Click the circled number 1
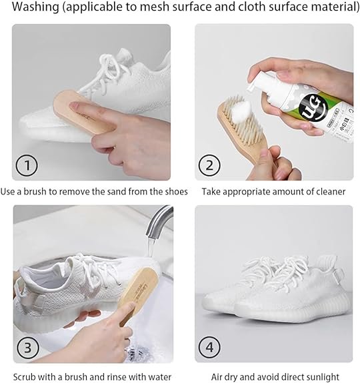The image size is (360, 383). click(27, 165)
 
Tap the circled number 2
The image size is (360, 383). click(209, 165)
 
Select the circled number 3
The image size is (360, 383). click(27, 347)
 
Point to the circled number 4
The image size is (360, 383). click(209, 347)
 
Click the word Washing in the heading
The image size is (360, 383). click(36, 7)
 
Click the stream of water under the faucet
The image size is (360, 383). click(152, 247)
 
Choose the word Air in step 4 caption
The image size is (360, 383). click(217, 377)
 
